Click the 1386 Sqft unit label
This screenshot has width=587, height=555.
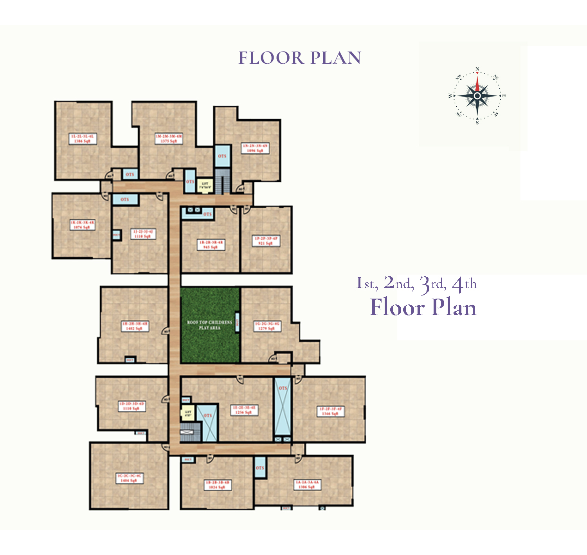click(82, 138)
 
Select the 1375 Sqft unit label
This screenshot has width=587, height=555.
click(169, 138)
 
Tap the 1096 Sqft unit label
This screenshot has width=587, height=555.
click(255, 148)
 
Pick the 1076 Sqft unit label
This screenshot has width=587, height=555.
click(82, 225)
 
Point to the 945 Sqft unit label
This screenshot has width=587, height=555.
click(211, 245)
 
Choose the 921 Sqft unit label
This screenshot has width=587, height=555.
click(266, 241)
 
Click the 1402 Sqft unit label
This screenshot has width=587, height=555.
click(135, 326)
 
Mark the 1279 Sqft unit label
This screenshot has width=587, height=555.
click(267, 326)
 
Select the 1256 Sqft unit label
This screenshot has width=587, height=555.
click(244, 410)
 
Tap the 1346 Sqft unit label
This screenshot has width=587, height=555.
click(331, 411)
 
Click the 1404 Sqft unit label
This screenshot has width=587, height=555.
click(130, 478)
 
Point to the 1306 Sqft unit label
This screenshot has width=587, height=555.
click(307, 485)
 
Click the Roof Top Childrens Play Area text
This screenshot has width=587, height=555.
click(210, 325)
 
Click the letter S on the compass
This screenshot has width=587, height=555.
click(477, 122)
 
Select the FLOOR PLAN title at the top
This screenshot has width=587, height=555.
click(300, 58)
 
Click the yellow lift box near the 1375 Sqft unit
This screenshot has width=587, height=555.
click(205, 185)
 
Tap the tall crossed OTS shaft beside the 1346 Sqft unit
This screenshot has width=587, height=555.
click(283, 406)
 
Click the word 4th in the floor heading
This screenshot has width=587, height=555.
click(465, 284)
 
